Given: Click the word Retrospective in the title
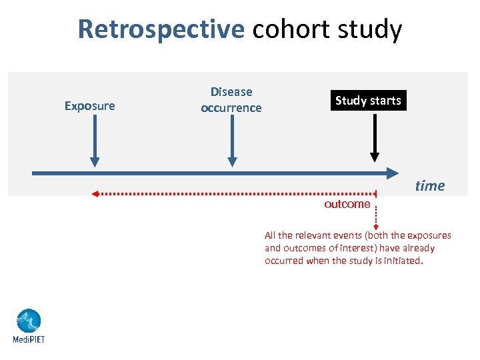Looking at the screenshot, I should [161, 30].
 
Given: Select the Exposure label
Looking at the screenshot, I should [89, 106].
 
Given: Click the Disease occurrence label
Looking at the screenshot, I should [231, 100].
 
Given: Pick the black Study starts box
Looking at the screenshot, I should [368, 101].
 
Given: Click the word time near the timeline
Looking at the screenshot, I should [429, 186].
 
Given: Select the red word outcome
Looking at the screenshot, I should [347, 204].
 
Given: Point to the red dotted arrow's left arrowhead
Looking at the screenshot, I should [95, 194].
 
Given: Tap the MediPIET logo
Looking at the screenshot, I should [29, 321].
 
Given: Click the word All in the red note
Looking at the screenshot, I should [270, 235].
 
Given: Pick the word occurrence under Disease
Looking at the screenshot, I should [231, 108].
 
